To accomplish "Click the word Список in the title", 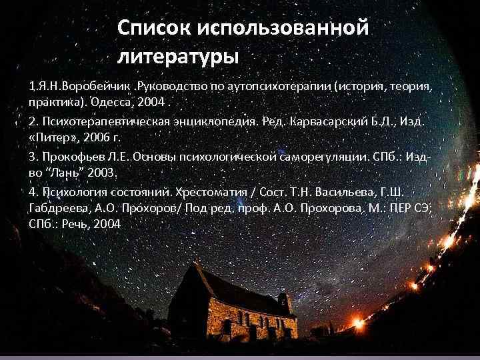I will [152, 28].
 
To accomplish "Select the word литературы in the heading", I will [177, 56].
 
